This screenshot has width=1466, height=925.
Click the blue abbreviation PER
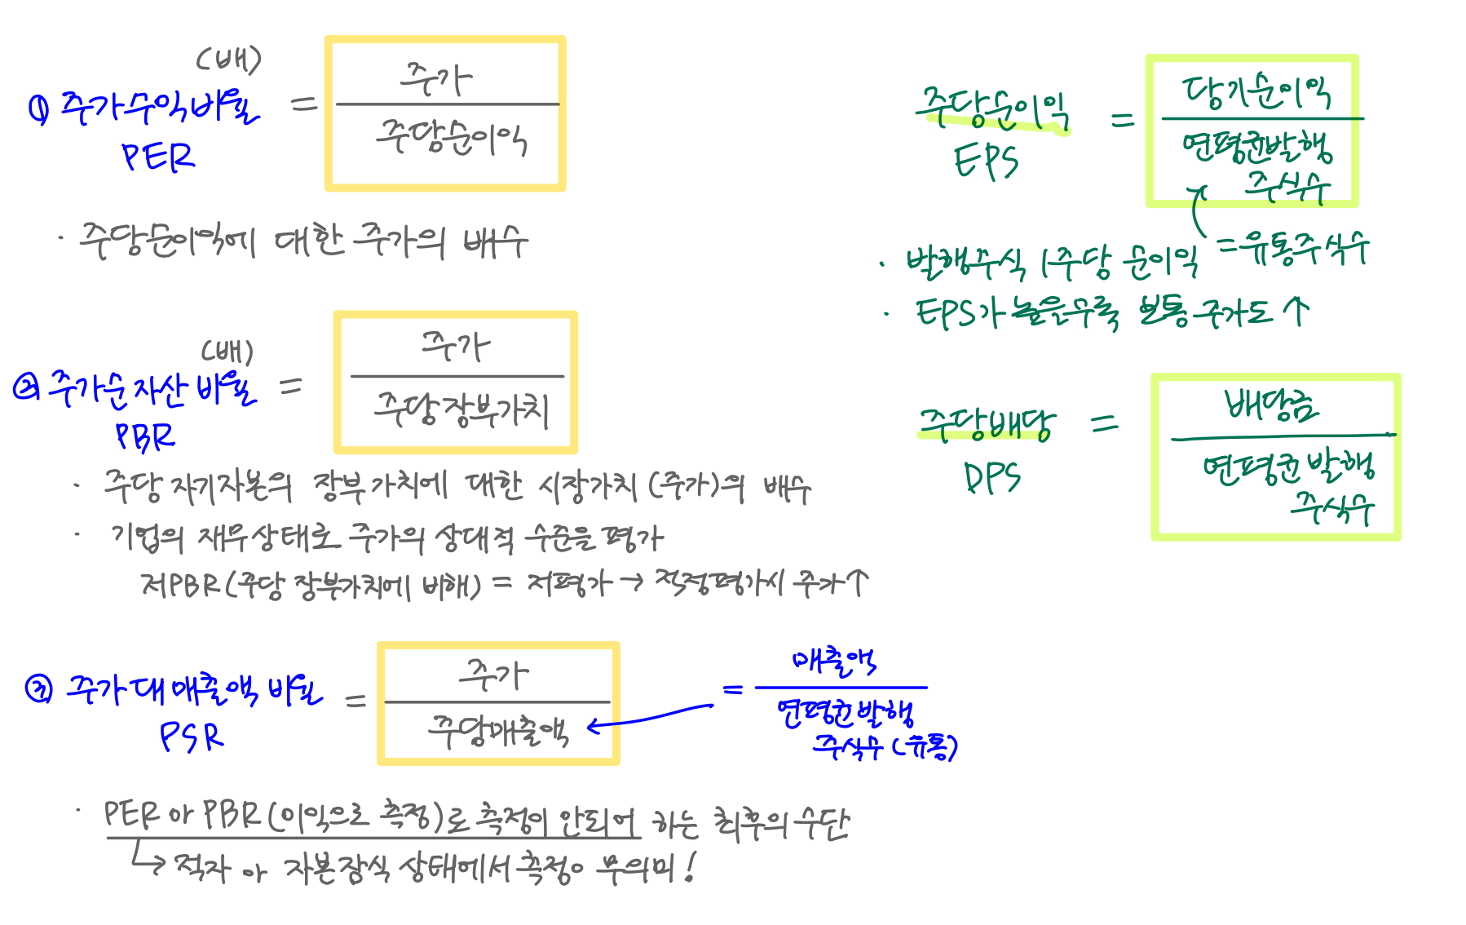click(158, 157)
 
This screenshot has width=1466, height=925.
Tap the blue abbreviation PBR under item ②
click(145, 436)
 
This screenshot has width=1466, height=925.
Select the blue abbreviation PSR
click(191, 737)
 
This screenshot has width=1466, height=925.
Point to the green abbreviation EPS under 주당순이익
click(986, 162)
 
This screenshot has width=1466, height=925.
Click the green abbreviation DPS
click(991, 477)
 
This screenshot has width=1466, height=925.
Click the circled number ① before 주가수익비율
click(38, 108)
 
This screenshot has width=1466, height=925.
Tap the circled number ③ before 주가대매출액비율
click(38, 689)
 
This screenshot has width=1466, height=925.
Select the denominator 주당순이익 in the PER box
click(451, 139)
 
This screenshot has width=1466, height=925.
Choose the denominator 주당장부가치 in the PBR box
click(461, 409)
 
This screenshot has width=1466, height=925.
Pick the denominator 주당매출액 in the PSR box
click(498, 730)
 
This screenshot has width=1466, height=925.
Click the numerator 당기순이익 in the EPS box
click(1256, 92)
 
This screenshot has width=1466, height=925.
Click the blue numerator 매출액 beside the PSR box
click(833, 662)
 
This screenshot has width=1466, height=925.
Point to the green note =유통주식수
click(1293, 248)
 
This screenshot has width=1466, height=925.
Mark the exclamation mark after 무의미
click(691, 867)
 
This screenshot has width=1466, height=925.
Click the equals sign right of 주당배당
click(1105, 423)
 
